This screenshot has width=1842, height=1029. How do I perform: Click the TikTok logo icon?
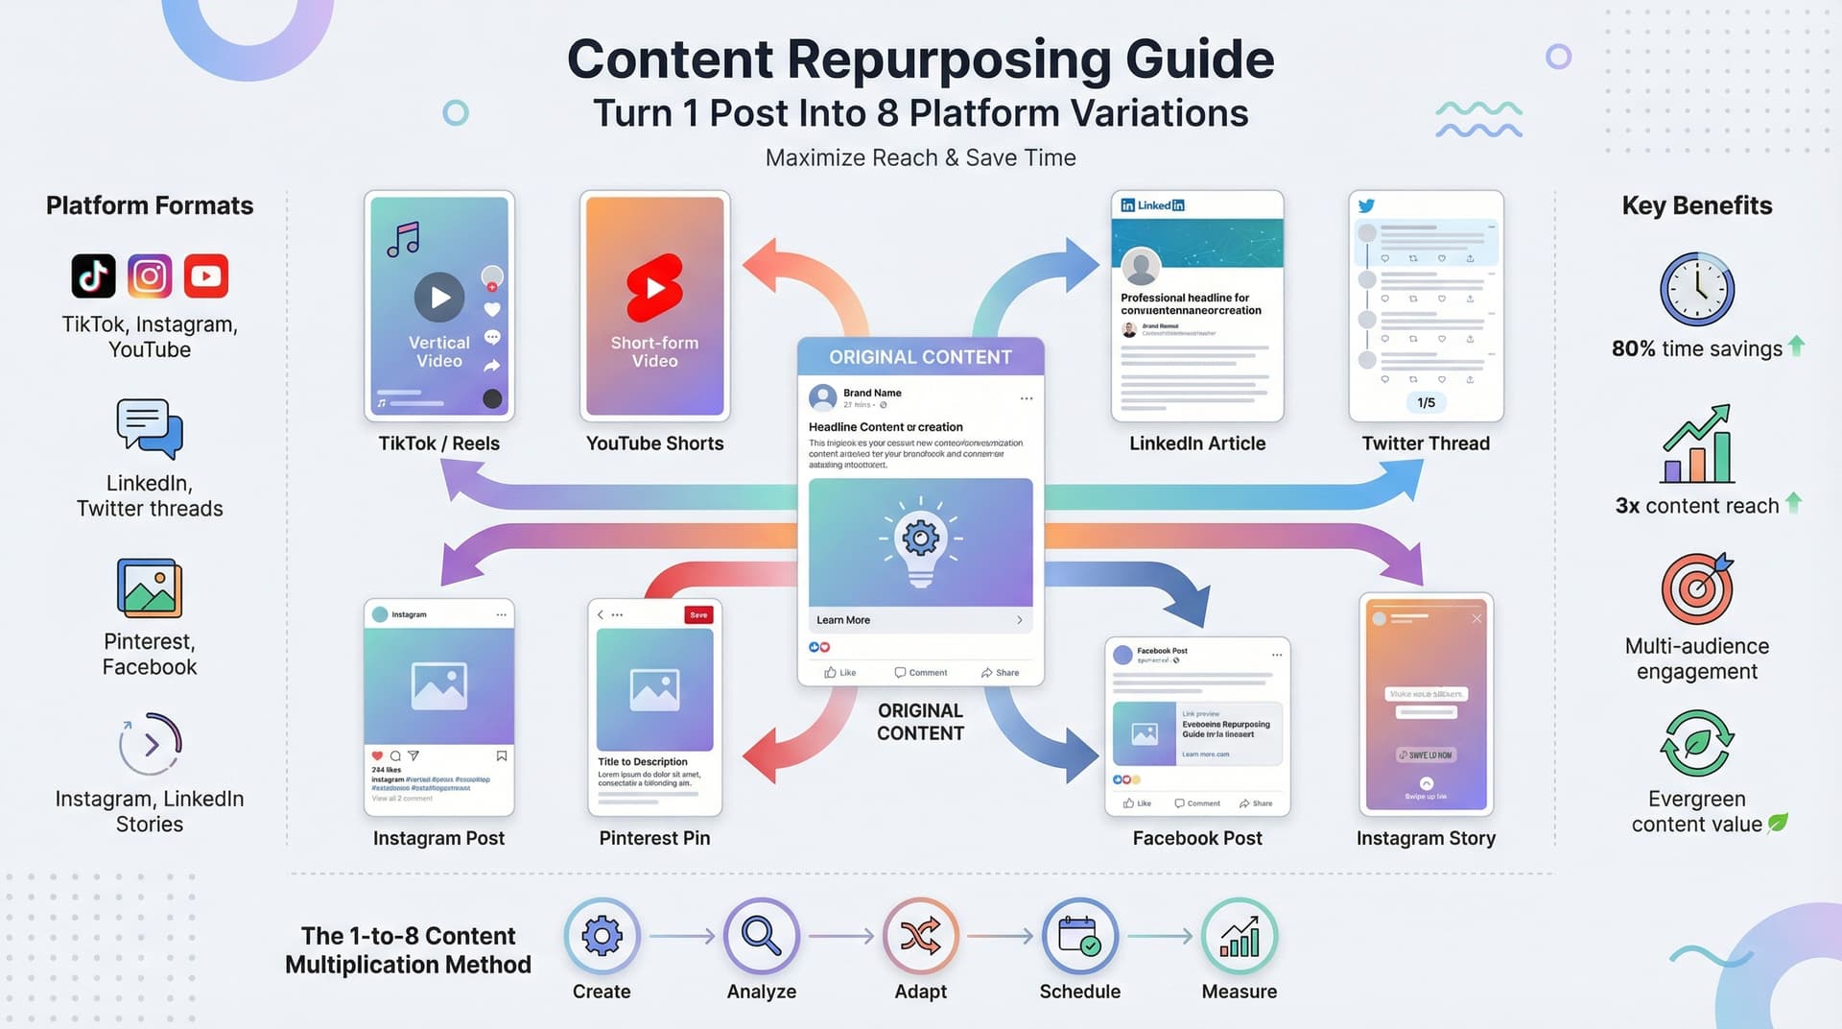point(93,276)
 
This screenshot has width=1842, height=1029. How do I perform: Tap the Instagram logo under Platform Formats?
point(150,276)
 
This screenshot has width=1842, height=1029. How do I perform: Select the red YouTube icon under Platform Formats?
point(206,276)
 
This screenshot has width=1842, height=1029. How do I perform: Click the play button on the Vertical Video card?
point(439,298)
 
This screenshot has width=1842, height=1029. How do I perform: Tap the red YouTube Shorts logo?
point(654,287)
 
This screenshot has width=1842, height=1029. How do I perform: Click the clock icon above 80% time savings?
point(1696,289)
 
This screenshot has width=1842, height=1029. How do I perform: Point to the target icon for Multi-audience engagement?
point(1696,588)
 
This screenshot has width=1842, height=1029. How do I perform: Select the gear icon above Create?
point(602,935)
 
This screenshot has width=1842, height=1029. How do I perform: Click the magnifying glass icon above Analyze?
point(761,935)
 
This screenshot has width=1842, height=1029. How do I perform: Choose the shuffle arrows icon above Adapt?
point(920,935)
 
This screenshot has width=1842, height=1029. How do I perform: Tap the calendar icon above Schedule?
point(1079,935)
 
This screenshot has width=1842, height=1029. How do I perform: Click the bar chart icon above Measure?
point(1239,935)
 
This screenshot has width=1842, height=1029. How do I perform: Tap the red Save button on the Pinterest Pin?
point(698,615)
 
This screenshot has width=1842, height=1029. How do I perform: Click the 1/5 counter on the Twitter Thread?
point(1426,402)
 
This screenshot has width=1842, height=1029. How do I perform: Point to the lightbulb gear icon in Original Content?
point(920,540)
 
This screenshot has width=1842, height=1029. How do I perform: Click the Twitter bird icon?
point(1366,205)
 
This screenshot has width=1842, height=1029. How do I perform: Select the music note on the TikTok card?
point(403,239)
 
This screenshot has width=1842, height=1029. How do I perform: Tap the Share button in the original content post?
point(1000,673)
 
